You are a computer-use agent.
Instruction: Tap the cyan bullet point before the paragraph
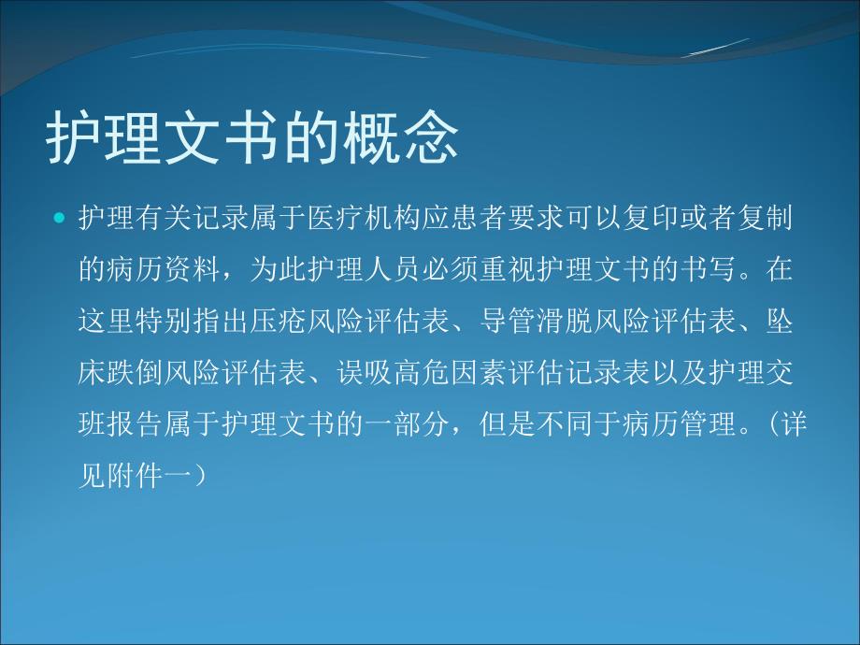[60, 221]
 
